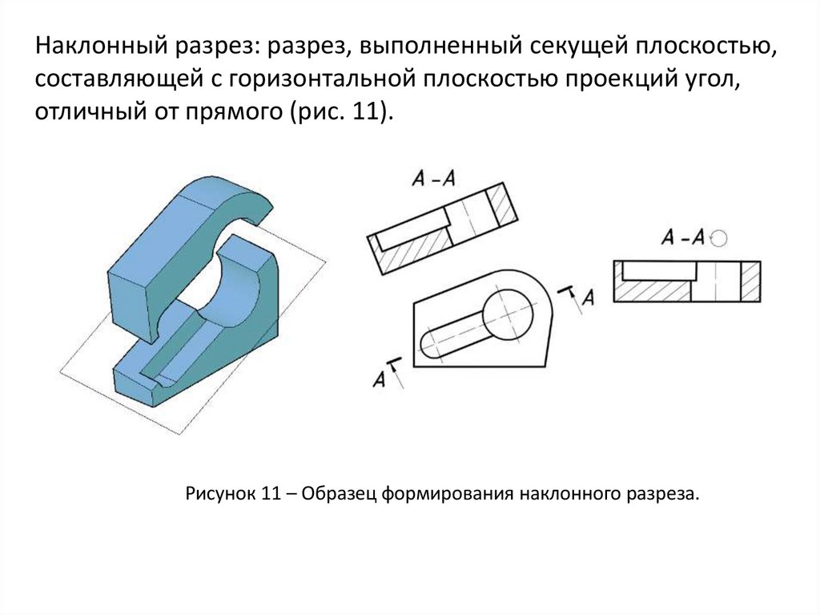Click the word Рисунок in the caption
tap(219, 493)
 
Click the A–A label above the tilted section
tap(433, 179)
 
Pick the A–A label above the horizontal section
tap(683, 237)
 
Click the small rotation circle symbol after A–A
tap(719, 238)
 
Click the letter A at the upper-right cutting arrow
tap(589, 298)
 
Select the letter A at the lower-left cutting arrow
tap(379, 378)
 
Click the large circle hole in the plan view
tap(507, 316)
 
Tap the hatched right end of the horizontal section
tap(750, 281)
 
